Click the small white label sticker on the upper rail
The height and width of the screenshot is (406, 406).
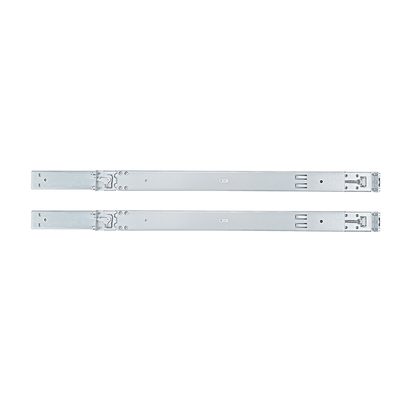coord(223,180)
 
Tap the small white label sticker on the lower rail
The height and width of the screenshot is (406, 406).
coord(223,220)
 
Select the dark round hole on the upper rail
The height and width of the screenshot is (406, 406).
coord(321,181)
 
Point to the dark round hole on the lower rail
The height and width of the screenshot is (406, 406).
coord(321,221)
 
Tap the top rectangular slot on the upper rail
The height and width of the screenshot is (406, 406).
coord(300,177)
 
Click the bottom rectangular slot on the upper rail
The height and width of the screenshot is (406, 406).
coord(300,185)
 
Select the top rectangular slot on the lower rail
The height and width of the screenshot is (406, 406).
coord(300,217)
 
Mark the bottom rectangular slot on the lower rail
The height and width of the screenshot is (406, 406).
coord(300,225)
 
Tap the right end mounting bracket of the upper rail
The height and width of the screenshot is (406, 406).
coord(376,181)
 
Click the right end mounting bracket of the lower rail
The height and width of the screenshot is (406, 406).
coord(376,221)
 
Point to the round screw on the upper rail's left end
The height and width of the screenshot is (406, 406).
coord(45,179)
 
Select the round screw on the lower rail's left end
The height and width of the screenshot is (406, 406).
coord(45,219)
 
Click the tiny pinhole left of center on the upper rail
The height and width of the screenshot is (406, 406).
coord(146,180)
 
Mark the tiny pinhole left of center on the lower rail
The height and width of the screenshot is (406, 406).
coord(146,220)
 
